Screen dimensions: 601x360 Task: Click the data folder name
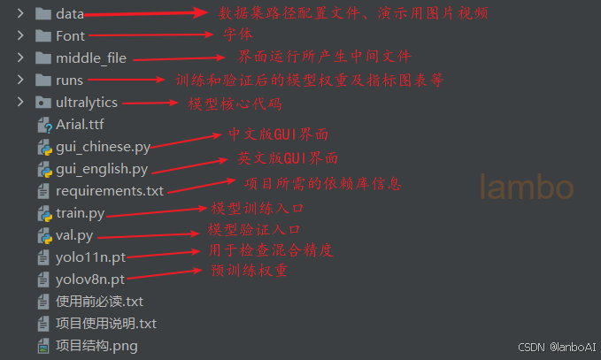[x=70, y=14]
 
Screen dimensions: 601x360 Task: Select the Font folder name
[x=71, y=36]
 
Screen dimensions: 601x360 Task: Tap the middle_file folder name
[x=91, y=58]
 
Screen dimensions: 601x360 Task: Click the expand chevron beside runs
[x=19, y=80]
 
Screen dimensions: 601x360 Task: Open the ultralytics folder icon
[x=42, y=103]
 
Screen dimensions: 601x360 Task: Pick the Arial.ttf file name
[x=80, y=125]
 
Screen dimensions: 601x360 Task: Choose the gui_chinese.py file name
[x=103, y=147]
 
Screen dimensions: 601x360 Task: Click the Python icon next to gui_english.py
[x=42, y=169]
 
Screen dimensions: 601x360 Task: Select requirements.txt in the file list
[x=110, y=191]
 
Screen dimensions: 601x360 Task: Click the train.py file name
[x=80, y=213]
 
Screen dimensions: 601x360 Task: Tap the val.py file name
[x=74, y=235]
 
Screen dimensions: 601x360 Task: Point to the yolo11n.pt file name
[x=90, y=257]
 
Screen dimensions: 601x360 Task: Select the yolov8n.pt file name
[x=90, y=280]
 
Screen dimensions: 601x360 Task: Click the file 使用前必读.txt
[x=99, y=302]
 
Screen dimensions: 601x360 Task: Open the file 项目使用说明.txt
[x=106, y=324]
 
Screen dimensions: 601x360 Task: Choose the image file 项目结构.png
[x=96, y=346]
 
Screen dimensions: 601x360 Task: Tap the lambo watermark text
[x=527, y=187]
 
